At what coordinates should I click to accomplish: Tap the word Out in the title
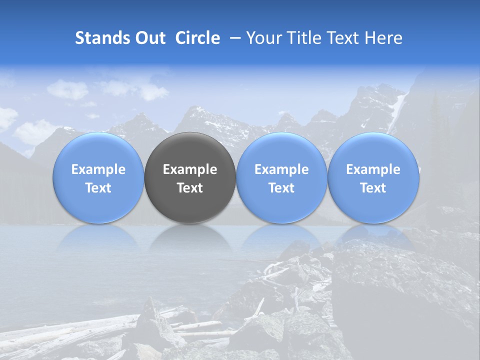(x=149, y=38)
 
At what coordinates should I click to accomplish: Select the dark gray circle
(x=190, y=177)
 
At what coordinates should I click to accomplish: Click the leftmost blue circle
(x=98, y=177)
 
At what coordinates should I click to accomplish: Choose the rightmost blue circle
(x=373, y=177)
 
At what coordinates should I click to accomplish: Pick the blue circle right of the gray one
(x=281, y=177)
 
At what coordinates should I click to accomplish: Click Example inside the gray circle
(x=190, y=169)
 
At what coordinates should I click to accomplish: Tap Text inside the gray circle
(x=190, y=188)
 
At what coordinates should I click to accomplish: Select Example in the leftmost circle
(x=98, y=169)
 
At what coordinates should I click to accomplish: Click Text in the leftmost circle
(x=98, y=188)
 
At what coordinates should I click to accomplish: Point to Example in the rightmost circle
(x=373, y=169)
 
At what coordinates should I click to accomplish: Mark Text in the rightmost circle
(x=373, y=188)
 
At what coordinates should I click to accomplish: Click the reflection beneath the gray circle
(x=190, y=237)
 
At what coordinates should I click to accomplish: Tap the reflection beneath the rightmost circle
(x=373, y=237)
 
